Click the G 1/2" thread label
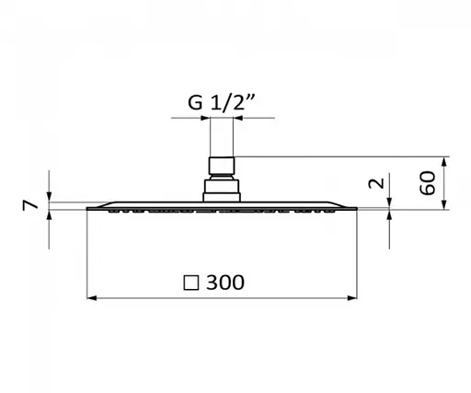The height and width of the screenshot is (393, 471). pyautogui.click(x=221, y=102)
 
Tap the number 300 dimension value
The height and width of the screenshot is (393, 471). pyautogui.click(x=225, y=283)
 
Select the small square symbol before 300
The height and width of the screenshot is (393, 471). pyautogui.click(x=191, y=283)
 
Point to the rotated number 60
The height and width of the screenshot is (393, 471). pyautogui.click(x=428, y=183)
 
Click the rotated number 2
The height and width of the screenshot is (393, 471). pyautogui.click(x=376, y=183)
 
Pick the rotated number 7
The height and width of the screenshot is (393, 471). pyautogui.click(x=30, y=205)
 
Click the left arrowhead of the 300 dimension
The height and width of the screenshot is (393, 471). pyautogui.click(x=92, y=298)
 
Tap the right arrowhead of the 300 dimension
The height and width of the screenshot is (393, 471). pyautogui.click(x=352, y=298)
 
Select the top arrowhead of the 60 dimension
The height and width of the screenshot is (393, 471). pyautogui.click(x=444, y=162)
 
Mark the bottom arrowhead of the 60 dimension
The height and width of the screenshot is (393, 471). pyautogui.click(x=444, y=204)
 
